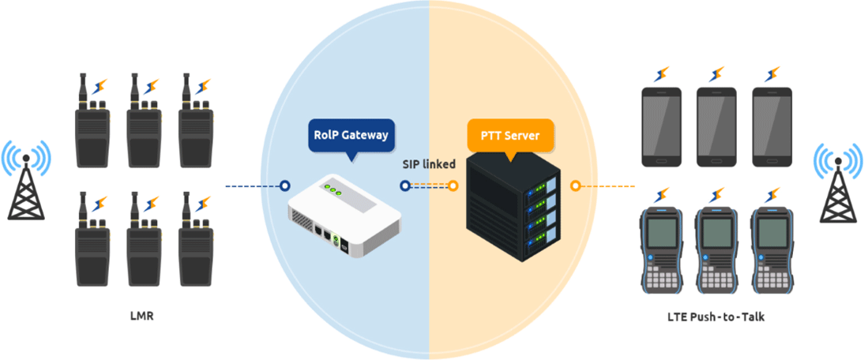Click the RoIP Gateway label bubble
pos(351,136)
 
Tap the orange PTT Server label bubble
pos(510,136)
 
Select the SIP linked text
pos(429,164)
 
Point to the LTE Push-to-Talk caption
pos(716,317)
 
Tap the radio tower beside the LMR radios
pos(25,182)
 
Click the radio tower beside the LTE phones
pos(837,182)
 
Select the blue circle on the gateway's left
pos(285,186)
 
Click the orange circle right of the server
pos(576,186)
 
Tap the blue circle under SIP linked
pos(405,186)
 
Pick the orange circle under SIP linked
pos(453,186)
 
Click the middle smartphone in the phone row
pos(716,126)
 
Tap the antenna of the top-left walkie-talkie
pos(83,88)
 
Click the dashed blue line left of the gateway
pos(253,186)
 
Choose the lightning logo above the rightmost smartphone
pos(772,74)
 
